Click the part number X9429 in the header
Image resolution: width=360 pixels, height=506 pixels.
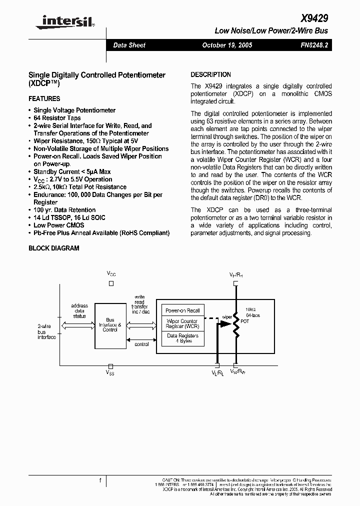[314, 18]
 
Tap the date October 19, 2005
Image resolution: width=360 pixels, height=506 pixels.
[227, 45]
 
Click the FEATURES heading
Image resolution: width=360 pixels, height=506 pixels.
[44, 99]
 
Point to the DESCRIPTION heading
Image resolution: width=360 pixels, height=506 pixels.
[211, 74]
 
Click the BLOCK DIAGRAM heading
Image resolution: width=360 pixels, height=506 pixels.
[54, 248]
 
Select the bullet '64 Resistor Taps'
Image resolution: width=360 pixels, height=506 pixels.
[57, 118]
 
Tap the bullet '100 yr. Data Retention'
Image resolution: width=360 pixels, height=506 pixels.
[64, 210]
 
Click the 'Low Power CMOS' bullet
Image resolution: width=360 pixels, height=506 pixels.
[58, 225]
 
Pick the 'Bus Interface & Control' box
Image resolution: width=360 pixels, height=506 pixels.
[110, 325]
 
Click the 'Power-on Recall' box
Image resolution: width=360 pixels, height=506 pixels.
[182, 310]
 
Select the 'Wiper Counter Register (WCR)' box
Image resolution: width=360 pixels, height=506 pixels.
[182, 323]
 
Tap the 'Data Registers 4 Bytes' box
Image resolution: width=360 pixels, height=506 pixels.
[182, 338]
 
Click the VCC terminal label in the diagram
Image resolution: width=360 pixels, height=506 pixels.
[111, 274]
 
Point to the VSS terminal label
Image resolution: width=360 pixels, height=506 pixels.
[110, 373]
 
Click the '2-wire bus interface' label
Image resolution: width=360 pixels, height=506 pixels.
[47, 331]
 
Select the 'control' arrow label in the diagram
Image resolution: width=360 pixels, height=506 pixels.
[141, 344]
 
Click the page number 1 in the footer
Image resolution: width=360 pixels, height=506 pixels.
[100, 480]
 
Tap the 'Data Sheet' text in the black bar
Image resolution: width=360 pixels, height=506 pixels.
[129, 45]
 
